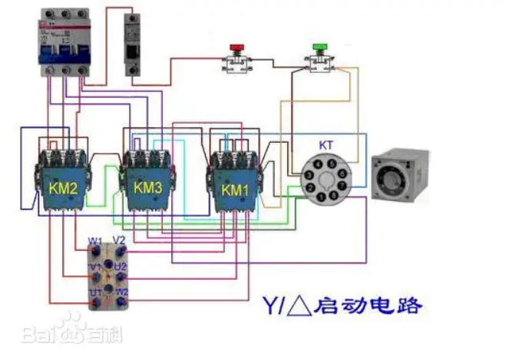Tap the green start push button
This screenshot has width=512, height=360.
(x=319, y=51)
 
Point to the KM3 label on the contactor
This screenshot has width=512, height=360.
(x=148, y=187)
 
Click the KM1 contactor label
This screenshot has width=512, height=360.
(x=235, y=188)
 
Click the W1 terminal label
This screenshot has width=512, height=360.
(x=94, y=241)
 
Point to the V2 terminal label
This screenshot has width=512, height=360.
(x=119, y=240)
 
